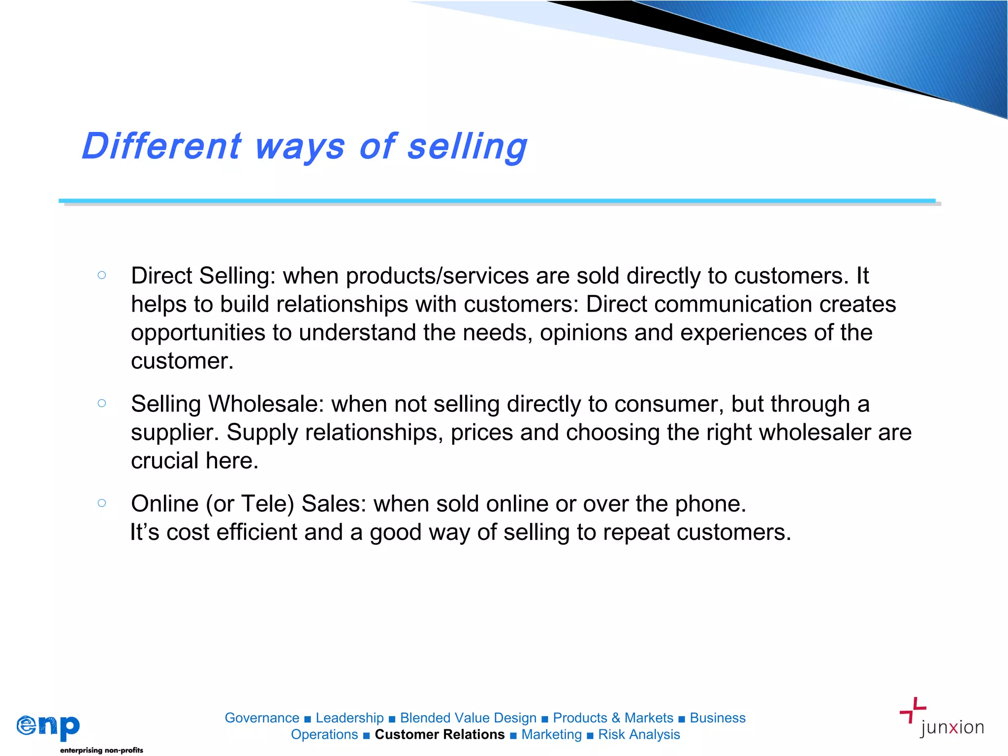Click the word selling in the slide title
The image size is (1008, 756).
pyautogui.click(x=468, y=146)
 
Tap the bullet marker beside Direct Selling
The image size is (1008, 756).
pyautogui.click(x=102, y=275)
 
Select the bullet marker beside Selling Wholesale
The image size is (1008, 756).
pyautogui.click(x=102, y=404)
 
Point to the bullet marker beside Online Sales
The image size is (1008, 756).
pyautogui.click(x=102, y=503)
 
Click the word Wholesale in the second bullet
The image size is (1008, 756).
pyautogui.click(x=266, y=404)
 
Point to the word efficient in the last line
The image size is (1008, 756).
pyautogui.click(x=256, y=533)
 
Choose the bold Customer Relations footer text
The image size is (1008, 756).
pyautogui.click(x=440, y=734)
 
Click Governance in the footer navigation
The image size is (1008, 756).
pyautogui.click(x=262, y=718)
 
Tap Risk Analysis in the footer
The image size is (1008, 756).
pyautogui.click(x=639, y=734)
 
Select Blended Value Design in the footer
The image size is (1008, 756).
pyautogui.click(x=468, y=718)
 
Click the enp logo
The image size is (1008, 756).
pyautogui.click(x=48, y=726)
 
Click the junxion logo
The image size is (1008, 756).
pyautogui.click(x=943, y=719)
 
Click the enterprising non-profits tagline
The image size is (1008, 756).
pyautogui.click(x=101, y=750)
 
